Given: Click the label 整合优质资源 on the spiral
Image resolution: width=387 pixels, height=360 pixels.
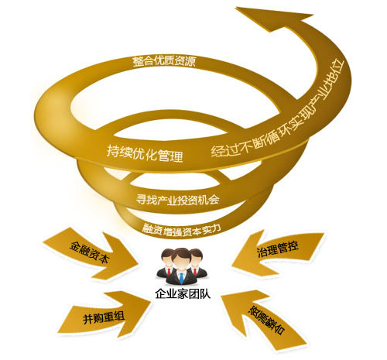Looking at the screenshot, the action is pos(164,62).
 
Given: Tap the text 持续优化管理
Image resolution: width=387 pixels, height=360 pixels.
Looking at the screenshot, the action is pos(145,153).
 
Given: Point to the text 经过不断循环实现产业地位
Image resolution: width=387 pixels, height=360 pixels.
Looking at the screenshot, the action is pos(277,110).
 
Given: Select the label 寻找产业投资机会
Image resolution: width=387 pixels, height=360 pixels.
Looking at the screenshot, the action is pos(178,200).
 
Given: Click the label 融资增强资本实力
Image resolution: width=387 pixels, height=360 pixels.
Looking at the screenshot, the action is pos(182,229).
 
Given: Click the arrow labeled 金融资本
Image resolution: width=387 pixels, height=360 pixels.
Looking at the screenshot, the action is pos(91,253).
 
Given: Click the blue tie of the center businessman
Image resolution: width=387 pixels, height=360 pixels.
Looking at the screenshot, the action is pos(182,278).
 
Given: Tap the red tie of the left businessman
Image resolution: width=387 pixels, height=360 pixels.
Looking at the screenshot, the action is pos(169,272).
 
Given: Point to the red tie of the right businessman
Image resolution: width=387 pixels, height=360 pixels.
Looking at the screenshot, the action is pos(195,272).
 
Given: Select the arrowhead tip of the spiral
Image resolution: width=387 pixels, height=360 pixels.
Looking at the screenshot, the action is pos(236,8).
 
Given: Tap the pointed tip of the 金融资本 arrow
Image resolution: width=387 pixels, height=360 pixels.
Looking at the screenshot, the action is pos(138,265).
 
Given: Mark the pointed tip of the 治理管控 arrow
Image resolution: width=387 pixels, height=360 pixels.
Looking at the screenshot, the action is pos(231,266).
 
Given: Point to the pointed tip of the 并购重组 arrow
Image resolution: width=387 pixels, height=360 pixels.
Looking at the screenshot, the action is pos(150,301).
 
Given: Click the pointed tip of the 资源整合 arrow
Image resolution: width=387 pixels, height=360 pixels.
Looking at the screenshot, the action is pos(221,296).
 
